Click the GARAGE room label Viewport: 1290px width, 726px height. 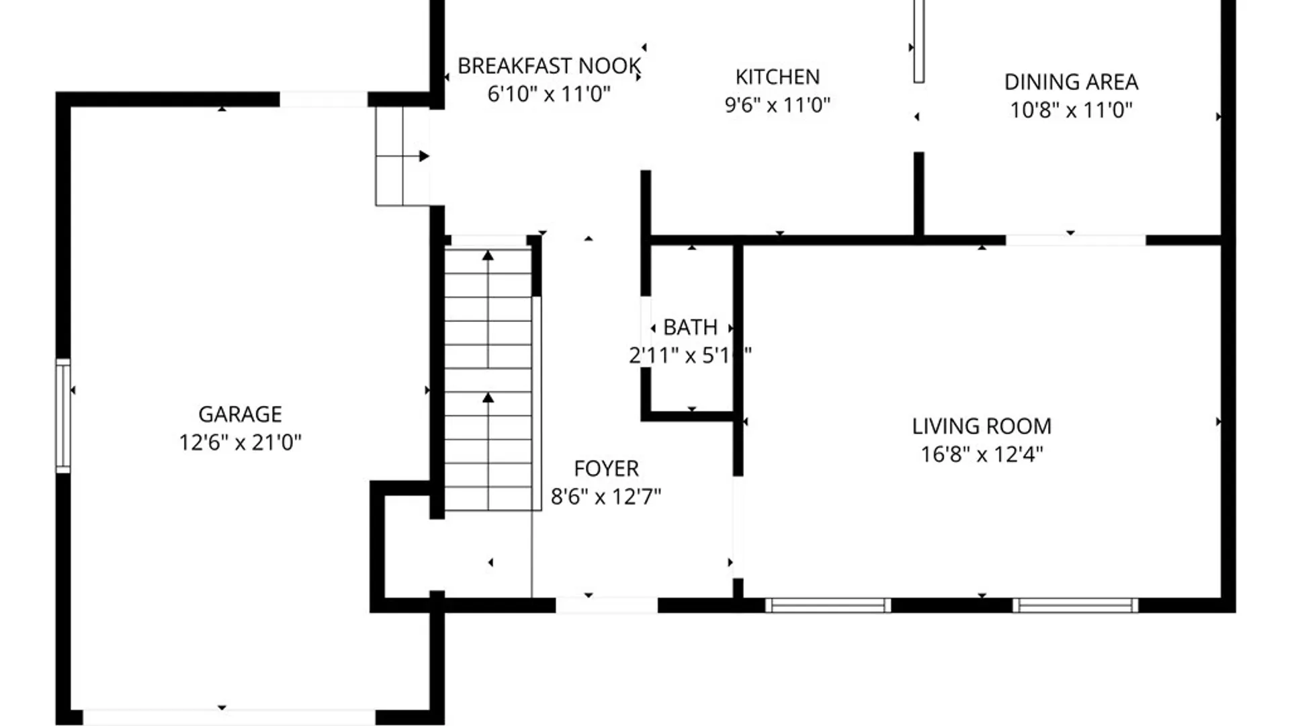(240, 414)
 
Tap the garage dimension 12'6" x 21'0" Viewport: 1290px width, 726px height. (240, 442)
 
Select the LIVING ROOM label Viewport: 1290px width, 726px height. (981, 426)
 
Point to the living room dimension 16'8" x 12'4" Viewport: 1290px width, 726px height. (981, 454)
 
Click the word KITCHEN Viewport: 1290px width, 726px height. (777, 77)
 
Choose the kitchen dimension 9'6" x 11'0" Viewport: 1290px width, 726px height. (777, 105)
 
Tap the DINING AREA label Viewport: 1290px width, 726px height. (1070, 82)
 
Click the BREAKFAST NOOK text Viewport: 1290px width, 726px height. (549, 66)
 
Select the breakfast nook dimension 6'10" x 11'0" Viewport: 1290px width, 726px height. (549, 94)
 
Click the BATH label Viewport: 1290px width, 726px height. (690, 327)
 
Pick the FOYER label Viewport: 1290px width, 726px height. (606, 469)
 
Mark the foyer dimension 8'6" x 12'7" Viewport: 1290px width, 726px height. (606, 497)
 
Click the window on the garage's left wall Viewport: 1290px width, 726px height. (62, 415)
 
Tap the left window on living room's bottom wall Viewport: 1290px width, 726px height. (828, 605)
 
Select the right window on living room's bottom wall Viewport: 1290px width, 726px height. (1075, 605)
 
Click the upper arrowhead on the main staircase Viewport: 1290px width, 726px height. (488, 256)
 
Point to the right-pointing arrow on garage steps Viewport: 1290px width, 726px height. (423, 156)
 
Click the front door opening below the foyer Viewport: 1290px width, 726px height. (606, 605)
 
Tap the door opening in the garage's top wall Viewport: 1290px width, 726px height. (323, 99)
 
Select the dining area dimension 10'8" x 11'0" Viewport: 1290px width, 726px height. (1070, 110)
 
